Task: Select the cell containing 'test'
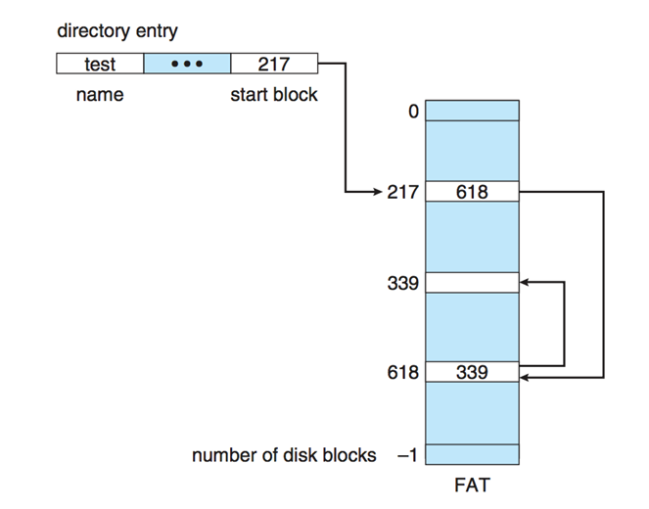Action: pyautogui.click(x=100, y=65)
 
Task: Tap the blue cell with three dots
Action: pyautogui.click(x=187, y=65)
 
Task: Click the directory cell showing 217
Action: pyautogui.click(x=273, y=65)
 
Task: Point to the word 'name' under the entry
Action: pyautogui.click(x=99, y=96)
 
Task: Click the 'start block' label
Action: pyautogui.click(x=273, y=96)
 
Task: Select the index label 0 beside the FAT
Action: pyautogui.click(x=412, y=112)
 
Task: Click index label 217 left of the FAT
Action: pyautogui.click(x=402, y=192)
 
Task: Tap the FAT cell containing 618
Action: pyautogui.click(x=472, y=192)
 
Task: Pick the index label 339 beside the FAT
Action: pyautogui.click(x=402, y=284)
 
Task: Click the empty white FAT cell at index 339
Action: pyautogui.click(x=472, y=283)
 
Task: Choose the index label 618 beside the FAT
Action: pyautogui.click(x=402, y=373)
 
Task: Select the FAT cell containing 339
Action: pyautogui.click(x=472, y=373)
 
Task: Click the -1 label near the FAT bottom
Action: pyautogui.click(x=407, y=455)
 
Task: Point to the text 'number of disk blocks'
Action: pyautogui.click(x=284, y=455)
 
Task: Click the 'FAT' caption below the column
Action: pyautogui.click(x=472, y=486)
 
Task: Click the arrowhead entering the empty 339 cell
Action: pyautogui.click(x=525, y=283)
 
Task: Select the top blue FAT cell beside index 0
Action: pyautogui.click(x=472, y=110)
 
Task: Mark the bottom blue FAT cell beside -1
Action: pyautogui.click(x=472, y=454)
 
